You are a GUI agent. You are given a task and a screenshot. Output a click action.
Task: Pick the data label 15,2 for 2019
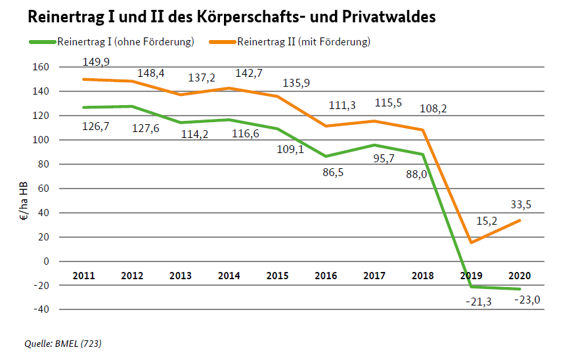[x=487, y=221]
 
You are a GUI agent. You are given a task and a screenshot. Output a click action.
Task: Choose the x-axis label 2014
[x=229, y=275]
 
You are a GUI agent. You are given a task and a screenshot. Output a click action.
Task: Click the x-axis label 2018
[x=422, y=275]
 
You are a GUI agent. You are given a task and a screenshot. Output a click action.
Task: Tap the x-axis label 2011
[x=83, y=275]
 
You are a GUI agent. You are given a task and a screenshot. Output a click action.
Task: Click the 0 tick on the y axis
[x=46, y=261]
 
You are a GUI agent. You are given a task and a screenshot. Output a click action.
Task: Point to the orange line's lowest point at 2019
[x=471, y=243]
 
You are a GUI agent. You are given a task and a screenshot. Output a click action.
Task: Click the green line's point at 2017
[x=374, y=145]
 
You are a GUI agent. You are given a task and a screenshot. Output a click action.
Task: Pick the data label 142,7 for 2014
[x=248, y=73]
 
